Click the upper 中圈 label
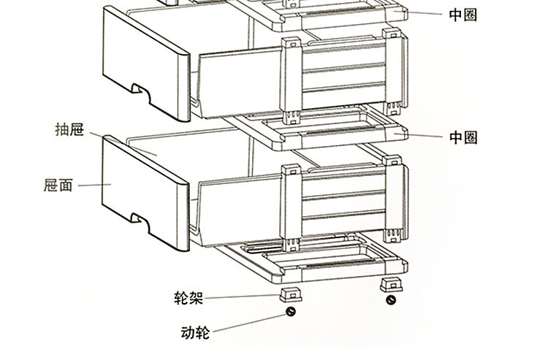tap(463, 15)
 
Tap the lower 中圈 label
tap(463, 137)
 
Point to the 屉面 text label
tap(58, 185)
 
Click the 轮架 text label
tap(188, 298)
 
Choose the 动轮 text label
tap(194, 334)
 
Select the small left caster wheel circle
tap(290, 313)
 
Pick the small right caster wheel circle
tap(392, 301)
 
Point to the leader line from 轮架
tap(241, 297)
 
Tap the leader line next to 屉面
tap(94, 185)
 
